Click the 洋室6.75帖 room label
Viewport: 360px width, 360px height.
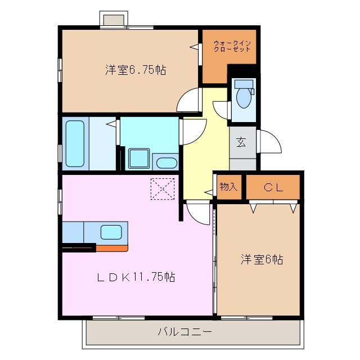tap(134, 70)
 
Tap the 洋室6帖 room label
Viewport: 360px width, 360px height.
tap(262, 259)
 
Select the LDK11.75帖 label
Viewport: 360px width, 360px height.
tap(136, 277)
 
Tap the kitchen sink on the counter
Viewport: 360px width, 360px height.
tap(111, 231)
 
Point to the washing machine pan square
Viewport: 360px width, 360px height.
tap(138, 159)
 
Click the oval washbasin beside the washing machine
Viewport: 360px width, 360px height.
tap(165, 164)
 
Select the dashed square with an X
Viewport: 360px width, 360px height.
tap(163, 188)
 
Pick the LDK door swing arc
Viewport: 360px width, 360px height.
tap(197, 212)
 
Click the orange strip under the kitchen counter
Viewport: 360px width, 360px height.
tap(111, 247)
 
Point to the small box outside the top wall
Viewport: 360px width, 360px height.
tap(113, 19)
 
